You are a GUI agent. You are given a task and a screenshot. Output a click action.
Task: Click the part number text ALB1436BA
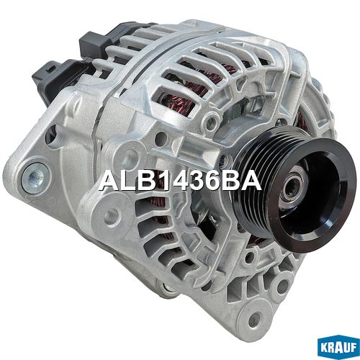click(180, 181)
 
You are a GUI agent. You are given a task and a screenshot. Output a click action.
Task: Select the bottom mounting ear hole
click(255, 319)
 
